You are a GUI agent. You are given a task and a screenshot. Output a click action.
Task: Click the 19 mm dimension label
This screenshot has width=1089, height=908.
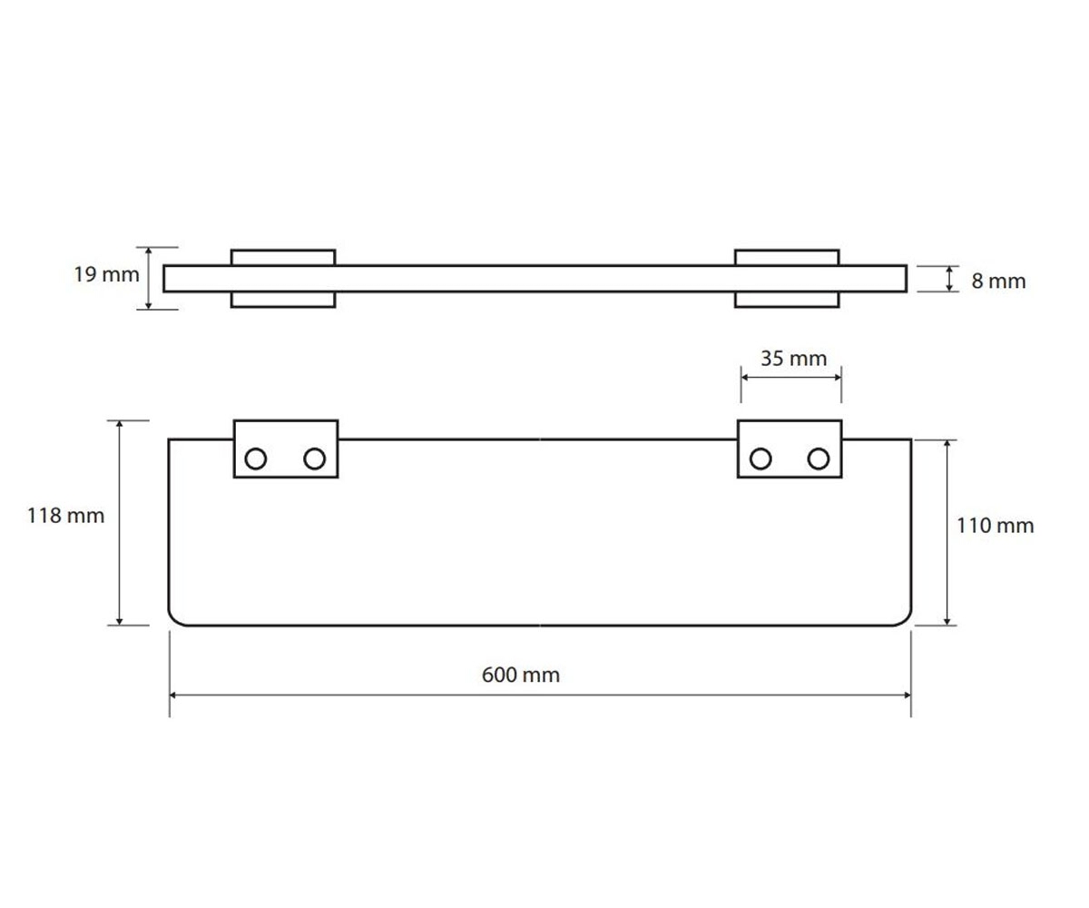point(106,274)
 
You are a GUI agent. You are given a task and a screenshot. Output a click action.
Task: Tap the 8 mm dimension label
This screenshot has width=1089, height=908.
point(998,281)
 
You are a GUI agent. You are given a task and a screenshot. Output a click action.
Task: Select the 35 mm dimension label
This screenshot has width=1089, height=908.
point(793,359)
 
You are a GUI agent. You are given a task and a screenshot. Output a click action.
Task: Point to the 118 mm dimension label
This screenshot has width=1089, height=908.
point(65,516)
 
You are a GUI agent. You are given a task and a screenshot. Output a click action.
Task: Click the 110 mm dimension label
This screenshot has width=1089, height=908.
point(996,526)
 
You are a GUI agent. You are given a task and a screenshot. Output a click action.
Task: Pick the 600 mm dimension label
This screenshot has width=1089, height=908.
point(521,675)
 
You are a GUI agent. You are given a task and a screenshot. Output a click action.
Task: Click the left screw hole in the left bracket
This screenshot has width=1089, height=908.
point(256,459)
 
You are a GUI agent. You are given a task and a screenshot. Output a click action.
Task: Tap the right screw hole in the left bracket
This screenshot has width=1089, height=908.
point(315,459)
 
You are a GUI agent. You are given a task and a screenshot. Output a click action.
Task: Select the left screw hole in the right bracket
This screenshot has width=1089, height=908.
point(760,459)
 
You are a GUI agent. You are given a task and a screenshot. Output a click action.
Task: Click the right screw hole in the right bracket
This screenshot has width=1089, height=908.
point(819,459)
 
